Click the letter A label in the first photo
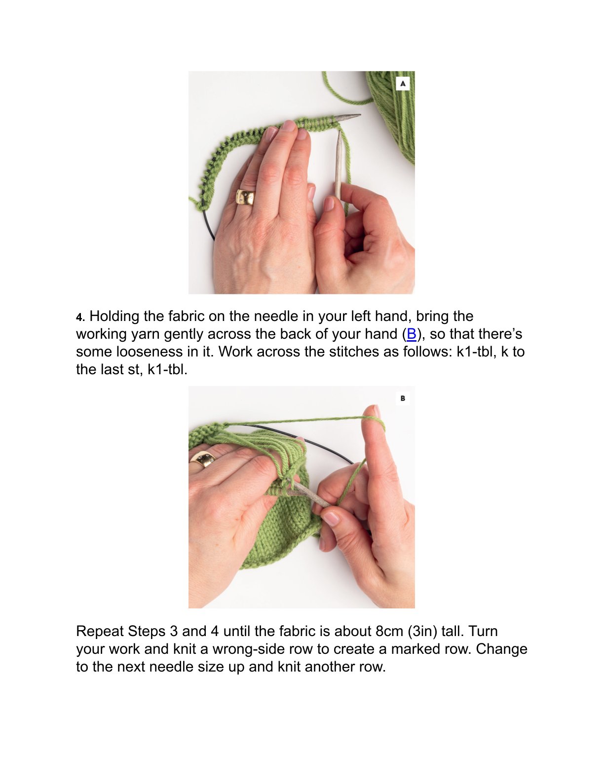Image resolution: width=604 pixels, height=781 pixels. (x=403, y=83)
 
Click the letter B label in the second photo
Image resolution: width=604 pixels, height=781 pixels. (x=403, y=398)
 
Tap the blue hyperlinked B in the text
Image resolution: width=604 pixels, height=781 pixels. (x=411, y=334)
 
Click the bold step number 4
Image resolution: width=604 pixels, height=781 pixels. (x=80, y=318)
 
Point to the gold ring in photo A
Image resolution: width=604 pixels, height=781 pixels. (x=245, y=197)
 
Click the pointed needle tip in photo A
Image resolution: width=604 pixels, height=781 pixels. (x=360, y=115)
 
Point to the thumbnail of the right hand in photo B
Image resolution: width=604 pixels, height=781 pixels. (x=331, y=518)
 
